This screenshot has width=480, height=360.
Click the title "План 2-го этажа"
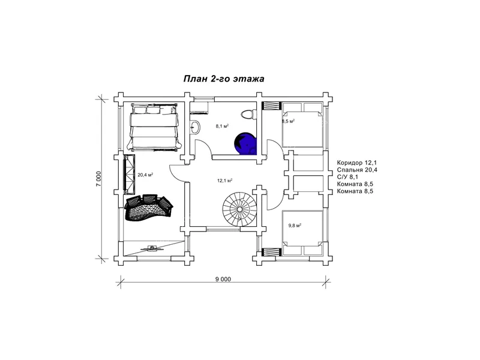click(x=224, y=79)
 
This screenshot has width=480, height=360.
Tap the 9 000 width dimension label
click(x=223, y=279)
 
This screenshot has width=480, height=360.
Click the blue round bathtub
click(x=246, y=143)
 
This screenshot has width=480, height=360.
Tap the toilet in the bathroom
click(x=248, y=115)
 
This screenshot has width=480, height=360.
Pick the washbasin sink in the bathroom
click(x=194, y=127)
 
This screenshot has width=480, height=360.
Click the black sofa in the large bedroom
click(x=149, y=207)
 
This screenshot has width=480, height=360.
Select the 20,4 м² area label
click(x=145, y=175)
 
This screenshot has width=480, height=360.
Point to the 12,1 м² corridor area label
click(x=224, y=181)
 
